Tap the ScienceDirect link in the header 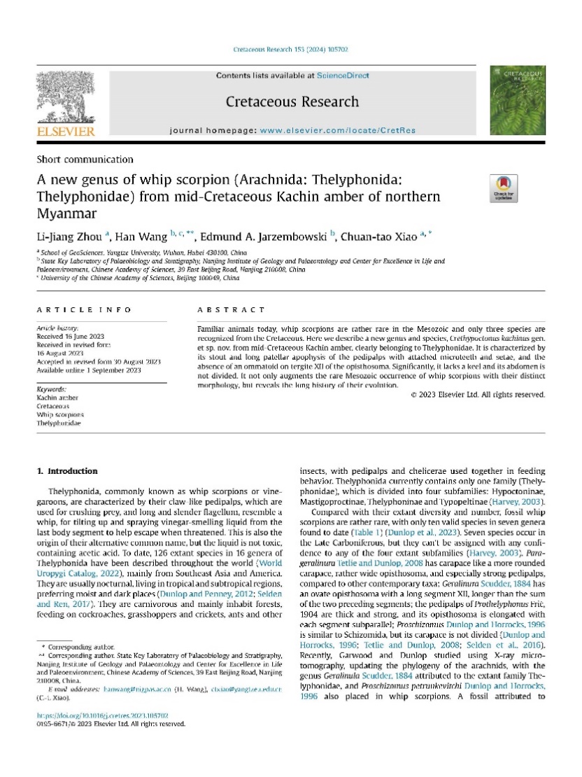coord(343,76)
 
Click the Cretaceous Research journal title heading coord(292,102)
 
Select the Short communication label coord(85,160)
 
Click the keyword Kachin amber coord(57,397)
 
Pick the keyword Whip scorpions coord(60,415)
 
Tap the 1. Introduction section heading coord(67,471)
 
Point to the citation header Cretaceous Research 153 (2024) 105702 coord(290,50)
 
